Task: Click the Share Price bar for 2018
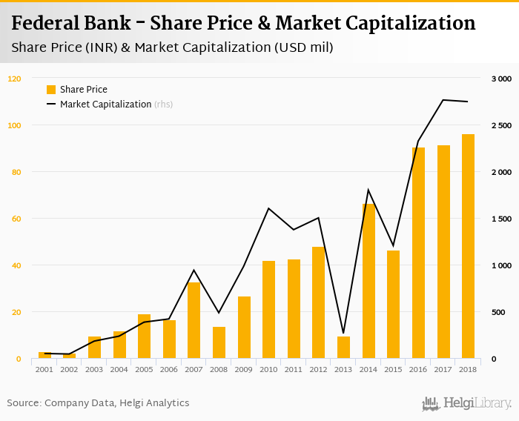coord(468,247)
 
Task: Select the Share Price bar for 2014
coord(368,282)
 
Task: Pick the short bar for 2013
coord(343,348)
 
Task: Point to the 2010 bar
coord(268,310)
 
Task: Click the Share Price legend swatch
coord(51,90)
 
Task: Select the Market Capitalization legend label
coord(106,105)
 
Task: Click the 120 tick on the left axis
coord(15,79)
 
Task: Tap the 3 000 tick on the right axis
coord(501,79)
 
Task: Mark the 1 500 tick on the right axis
coord(501,219)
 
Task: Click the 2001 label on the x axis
coord(44,369)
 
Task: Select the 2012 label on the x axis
coord(319,369)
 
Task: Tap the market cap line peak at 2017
coord(443,100)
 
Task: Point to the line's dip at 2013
coord(343,333)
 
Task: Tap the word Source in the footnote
coord(23,403)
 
